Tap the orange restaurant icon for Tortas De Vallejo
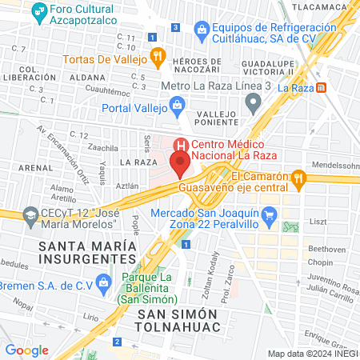coord(158,58)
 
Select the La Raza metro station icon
coord(321,87)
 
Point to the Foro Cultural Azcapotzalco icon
coord(36,13)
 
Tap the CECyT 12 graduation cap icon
coord(30,214)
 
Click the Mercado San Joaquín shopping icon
coord(270,214)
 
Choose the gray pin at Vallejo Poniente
coord(254,102)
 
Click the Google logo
coord(26,350)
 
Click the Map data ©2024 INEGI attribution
coord(313,353)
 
